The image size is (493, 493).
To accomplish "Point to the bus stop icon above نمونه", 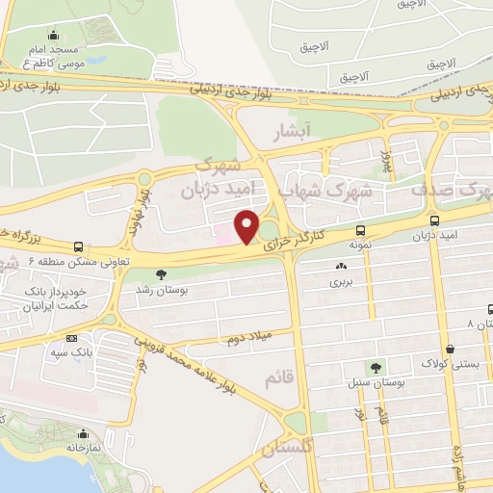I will [360, 231].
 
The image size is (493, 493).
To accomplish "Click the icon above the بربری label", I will [342, 267].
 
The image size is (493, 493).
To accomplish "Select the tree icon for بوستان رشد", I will [173, 273].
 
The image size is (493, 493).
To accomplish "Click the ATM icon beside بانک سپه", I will [72, 338].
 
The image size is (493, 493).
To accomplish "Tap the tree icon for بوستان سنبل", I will [376, 367].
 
